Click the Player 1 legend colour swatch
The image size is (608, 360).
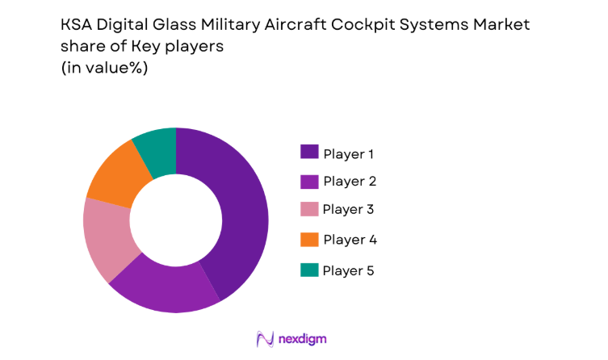point(309,152)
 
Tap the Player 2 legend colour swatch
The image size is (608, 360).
point(309,181)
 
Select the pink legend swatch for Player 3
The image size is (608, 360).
point(309,210)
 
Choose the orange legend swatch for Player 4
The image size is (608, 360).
point(309,240)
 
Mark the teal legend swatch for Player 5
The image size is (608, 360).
point(309,270)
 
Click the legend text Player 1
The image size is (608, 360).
point(349,153)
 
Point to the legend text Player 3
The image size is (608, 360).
point(349,211)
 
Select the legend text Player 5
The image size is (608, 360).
point(349,270)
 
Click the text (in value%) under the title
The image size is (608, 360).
point(105,69)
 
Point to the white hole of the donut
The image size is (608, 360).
point(176,220)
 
